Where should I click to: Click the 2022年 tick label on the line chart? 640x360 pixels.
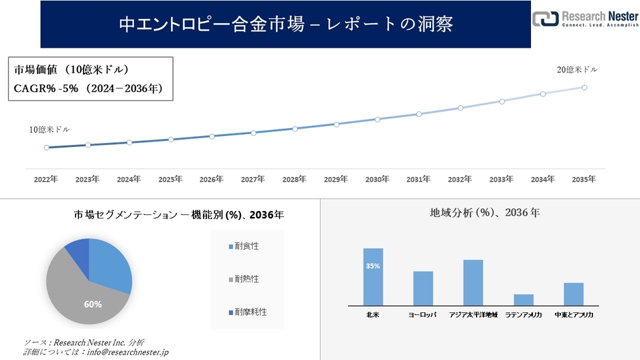click(x=46, y=179)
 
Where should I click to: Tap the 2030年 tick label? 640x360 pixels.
click(x=377, y=179)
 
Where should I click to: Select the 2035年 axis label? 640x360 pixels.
click(x=583, y=179)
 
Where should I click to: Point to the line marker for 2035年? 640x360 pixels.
click(x=584, y=87)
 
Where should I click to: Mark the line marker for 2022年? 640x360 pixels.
click(x=46, y=147)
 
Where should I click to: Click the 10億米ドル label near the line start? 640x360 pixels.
click(x=49, y=129)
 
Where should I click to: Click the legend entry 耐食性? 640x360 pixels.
click(x=246, y=246)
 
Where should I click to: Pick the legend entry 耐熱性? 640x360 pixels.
click(x=246, y=279)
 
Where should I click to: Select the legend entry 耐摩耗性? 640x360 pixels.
click(x=249, y=312)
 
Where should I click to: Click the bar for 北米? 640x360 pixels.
click(x=373, y=277)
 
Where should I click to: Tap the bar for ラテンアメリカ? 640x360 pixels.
click(x=524, y=299)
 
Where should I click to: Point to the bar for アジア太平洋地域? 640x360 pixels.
click(x=473, y=282)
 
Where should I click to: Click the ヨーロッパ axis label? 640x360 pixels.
click(x=423, y=315)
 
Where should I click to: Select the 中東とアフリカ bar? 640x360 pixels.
click(x=574, y=294)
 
